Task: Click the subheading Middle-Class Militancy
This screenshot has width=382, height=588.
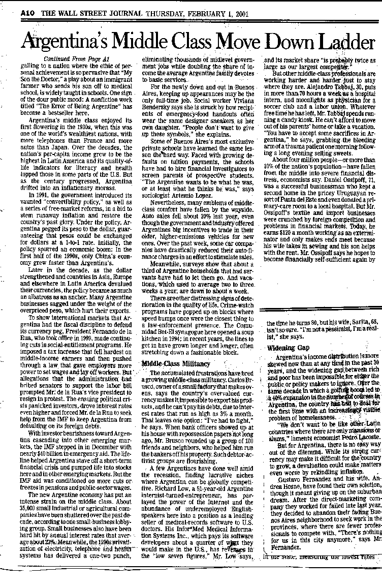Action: click(169, 365)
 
